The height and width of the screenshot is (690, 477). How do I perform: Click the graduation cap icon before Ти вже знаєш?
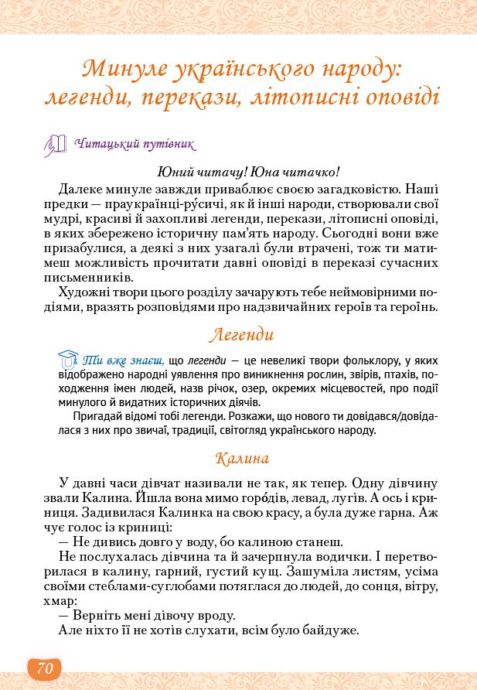68,358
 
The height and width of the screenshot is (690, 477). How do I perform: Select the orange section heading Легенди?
242,334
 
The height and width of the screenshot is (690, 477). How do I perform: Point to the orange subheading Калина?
242,457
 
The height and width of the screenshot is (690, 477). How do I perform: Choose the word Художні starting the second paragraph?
84,292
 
